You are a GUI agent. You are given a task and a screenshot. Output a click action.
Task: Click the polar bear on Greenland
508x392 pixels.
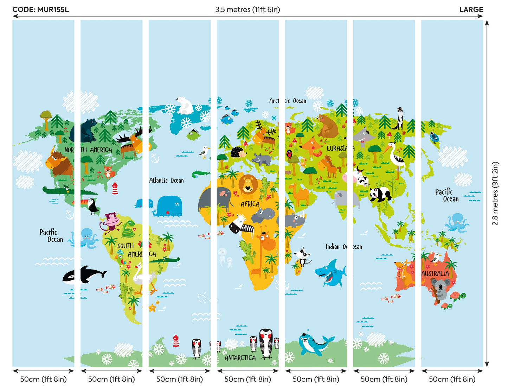point(184,105)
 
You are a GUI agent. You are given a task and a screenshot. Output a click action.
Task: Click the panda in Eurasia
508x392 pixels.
point(380,194)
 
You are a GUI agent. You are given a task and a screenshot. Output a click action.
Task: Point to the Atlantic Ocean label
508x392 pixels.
point(166,181)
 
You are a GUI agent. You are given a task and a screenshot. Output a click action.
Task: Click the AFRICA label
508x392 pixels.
point(250,204)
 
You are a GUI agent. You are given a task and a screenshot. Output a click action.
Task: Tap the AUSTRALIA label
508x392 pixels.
point(435,274)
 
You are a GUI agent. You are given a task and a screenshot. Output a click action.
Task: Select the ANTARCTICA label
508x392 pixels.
point(240,358)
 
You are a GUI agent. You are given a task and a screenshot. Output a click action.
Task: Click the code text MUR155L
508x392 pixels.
point(53,10)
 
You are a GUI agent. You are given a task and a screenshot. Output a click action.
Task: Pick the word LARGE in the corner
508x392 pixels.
point(471,10)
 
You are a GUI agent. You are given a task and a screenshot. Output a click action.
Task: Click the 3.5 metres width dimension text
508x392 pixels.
point(247,10)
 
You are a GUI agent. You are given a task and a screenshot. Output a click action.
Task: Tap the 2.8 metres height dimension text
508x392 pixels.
point(495,193)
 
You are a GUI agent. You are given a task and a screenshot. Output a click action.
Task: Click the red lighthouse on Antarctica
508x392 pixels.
point(176,341)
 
